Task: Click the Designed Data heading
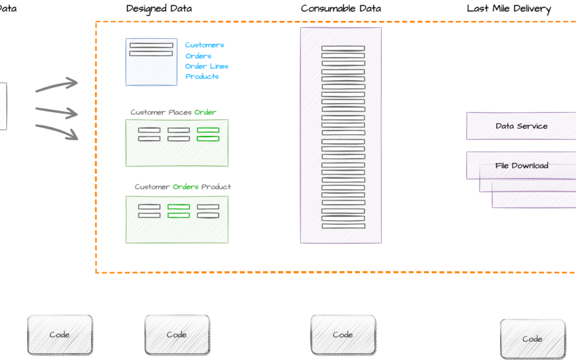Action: pos(159,9)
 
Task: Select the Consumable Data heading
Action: pos(341,9)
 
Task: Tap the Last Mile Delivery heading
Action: pos(509,9)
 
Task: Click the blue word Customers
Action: pos(204,45)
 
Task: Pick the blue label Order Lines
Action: pos(207,66)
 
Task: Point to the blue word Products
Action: pos(202,76)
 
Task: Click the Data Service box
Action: pos(521,126)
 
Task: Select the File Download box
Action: pos(521,165)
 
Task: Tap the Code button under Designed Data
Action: pos(177,335)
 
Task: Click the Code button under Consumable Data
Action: pos(343,335)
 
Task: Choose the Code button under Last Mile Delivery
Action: pos(532,339)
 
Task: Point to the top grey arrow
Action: pos(57,86)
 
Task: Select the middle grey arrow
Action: pos(57,111)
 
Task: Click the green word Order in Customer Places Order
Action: pos(205,113)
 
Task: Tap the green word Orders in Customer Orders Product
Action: pos(186,187)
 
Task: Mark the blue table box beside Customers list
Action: pos(151,62)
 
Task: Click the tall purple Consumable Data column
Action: pos(341,135)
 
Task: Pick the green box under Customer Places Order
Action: pos(177,143)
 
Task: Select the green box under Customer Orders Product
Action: pos(177,219)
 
